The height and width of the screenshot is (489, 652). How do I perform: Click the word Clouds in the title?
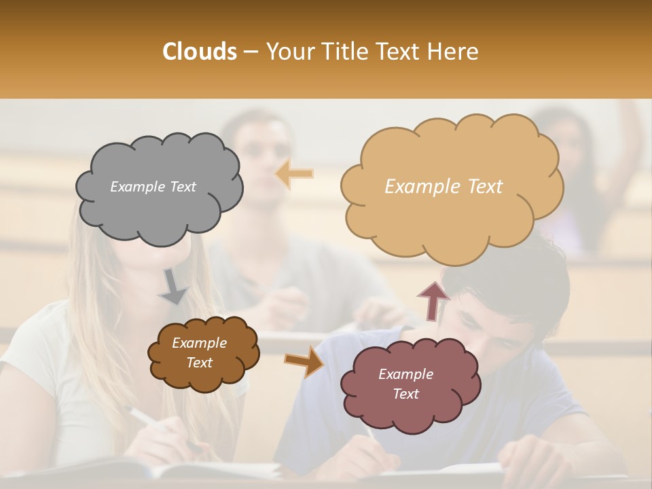[x=200, y=52]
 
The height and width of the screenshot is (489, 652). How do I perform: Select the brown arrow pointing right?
[x=304, y=360]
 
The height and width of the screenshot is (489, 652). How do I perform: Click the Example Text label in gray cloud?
[x=153, y=187]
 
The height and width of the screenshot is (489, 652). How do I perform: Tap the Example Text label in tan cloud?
[x=443, y=187]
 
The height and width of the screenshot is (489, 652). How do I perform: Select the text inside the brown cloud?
[x=199, y=352]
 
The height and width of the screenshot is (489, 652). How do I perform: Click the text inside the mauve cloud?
[x=405, y=384]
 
